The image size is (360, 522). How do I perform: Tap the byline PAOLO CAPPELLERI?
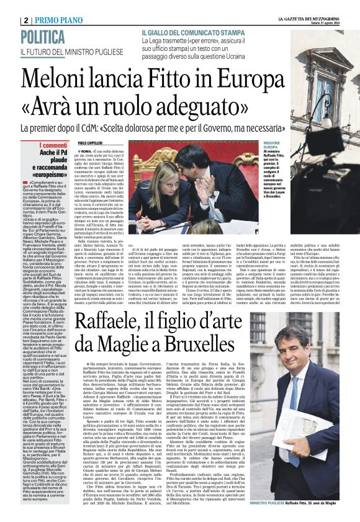coord(92,144)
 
